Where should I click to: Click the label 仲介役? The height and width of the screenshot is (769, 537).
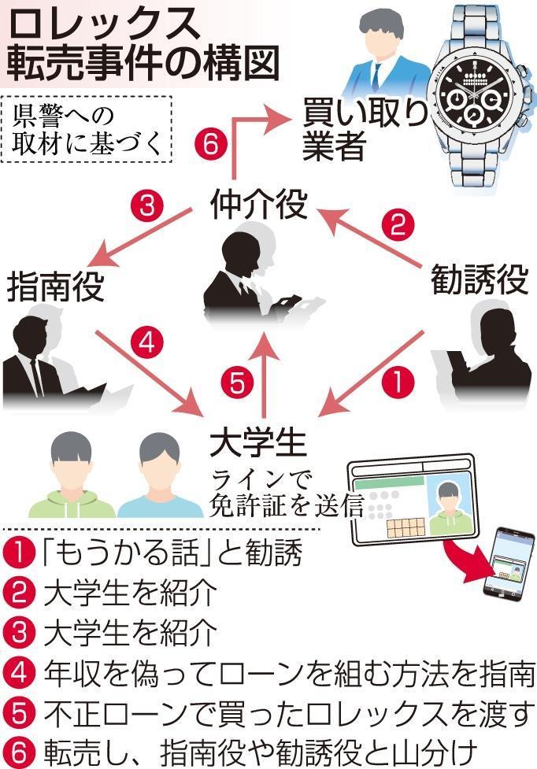(258, 205)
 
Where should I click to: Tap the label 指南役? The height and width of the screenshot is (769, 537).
(55, 287)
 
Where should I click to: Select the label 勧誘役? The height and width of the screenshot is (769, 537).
(480, 279)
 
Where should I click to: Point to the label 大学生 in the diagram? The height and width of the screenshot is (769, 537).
(258, 443)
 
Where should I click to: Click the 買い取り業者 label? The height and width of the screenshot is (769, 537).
(365, 129)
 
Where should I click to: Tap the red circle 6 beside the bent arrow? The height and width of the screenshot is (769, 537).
(211, 144)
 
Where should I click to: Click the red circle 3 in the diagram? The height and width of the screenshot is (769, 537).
(146, 205)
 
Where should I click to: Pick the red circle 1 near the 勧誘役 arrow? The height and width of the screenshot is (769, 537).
(398, 382)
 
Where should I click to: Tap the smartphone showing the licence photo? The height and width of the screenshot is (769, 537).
(508, 563)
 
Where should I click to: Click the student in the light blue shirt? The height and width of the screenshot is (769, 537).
(160, 475)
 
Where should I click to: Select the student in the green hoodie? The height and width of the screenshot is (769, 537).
(72, 475)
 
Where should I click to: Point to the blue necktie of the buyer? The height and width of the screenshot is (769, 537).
(374, 76)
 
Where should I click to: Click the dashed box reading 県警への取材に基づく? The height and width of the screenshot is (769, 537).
(87, 129)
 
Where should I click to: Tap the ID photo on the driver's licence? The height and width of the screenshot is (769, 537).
(450, 507)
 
